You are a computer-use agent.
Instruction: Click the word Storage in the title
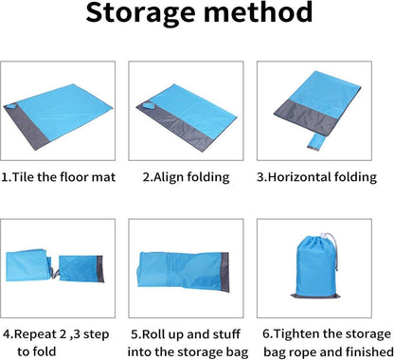(141, 13)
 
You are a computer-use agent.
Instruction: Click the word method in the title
(259, 12)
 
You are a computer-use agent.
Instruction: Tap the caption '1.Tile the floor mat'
(59, 177)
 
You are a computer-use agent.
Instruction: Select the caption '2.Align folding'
(186, 177)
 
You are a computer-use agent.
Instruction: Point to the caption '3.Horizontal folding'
(316, 177)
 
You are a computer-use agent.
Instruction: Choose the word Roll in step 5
(153, 334)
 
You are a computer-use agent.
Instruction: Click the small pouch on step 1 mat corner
(11, 106)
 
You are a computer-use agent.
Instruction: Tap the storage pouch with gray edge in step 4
(81, 269)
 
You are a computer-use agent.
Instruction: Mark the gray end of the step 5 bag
(225, 272)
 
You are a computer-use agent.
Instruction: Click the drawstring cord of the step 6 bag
(333, 250)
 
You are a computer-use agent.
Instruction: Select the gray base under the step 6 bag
(316, 297)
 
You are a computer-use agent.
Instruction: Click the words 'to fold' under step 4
(37, 351)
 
